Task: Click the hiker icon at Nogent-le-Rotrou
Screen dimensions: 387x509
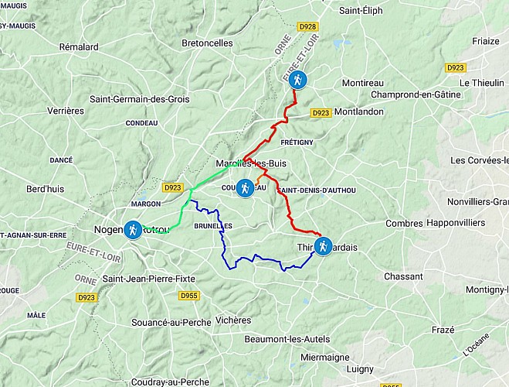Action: click(x=133, y=230)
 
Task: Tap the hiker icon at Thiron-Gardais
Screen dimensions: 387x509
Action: click(x=323, y=246)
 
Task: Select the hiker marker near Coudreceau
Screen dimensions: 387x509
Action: click(x=245, y=188)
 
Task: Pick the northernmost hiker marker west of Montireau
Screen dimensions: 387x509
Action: click(x=297, y=79)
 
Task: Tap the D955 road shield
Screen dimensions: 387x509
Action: click(x=188, y=296)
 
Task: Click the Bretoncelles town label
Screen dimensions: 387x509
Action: click(x=207, y=43)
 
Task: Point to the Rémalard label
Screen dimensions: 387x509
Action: click(x=79, y=47)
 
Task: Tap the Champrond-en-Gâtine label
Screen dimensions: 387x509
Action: click(x=416, y=94)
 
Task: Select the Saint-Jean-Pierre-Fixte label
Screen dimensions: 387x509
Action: click(x=149, y=279)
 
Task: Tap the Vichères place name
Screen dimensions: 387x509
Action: click(x=234, y=320)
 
